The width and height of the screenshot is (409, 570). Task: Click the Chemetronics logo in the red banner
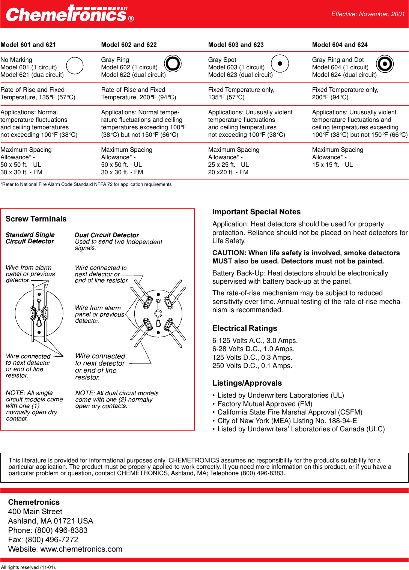point(69,14)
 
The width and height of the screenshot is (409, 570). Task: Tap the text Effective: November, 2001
point(368,14)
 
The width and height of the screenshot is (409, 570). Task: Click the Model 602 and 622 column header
point(129,45)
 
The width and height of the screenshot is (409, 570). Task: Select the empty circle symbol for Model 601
point(75,66)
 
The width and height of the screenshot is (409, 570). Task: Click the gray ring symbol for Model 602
point(173,63)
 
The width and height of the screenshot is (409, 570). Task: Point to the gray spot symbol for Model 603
point(280,63)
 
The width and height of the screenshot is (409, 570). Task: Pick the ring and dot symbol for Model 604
point(385,64)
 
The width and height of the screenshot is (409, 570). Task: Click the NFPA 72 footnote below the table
point(86,184)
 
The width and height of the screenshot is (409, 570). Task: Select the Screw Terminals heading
point(36,219)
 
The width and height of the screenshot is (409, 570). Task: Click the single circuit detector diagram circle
point(39,313)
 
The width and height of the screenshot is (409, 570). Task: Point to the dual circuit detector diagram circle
point(158,313)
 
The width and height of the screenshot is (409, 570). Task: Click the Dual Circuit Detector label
point(107,235)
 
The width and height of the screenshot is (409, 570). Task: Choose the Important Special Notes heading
point(256,212)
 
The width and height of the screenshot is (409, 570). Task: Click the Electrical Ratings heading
point(245,328)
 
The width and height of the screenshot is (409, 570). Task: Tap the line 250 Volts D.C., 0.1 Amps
point(252,366)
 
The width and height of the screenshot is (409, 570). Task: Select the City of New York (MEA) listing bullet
point(287,421)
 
